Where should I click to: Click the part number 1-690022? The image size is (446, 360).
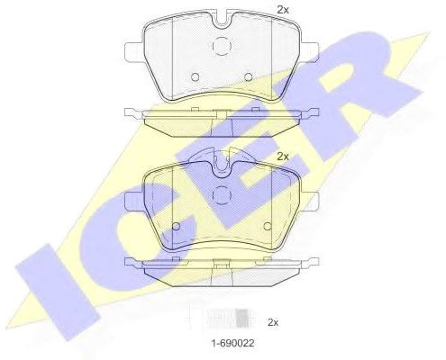[x=232, y=343]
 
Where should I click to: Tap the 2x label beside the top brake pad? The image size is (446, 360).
[x=282, y=10]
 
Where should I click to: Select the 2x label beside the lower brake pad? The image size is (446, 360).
[x=282, y=157]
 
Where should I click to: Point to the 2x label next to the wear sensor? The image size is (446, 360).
[x=273, y=322]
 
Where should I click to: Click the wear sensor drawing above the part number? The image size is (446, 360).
[x=221, y=318]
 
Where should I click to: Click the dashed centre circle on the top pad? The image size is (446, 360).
[x=222, y=46]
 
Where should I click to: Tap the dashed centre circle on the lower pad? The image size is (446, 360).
[x=222, y=195]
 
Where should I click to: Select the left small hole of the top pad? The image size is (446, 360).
[x=195, y=77]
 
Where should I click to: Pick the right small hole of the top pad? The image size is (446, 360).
[x=248, y=77]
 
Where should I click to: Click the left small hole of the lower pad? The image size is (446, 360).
[x=176, y=227]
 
